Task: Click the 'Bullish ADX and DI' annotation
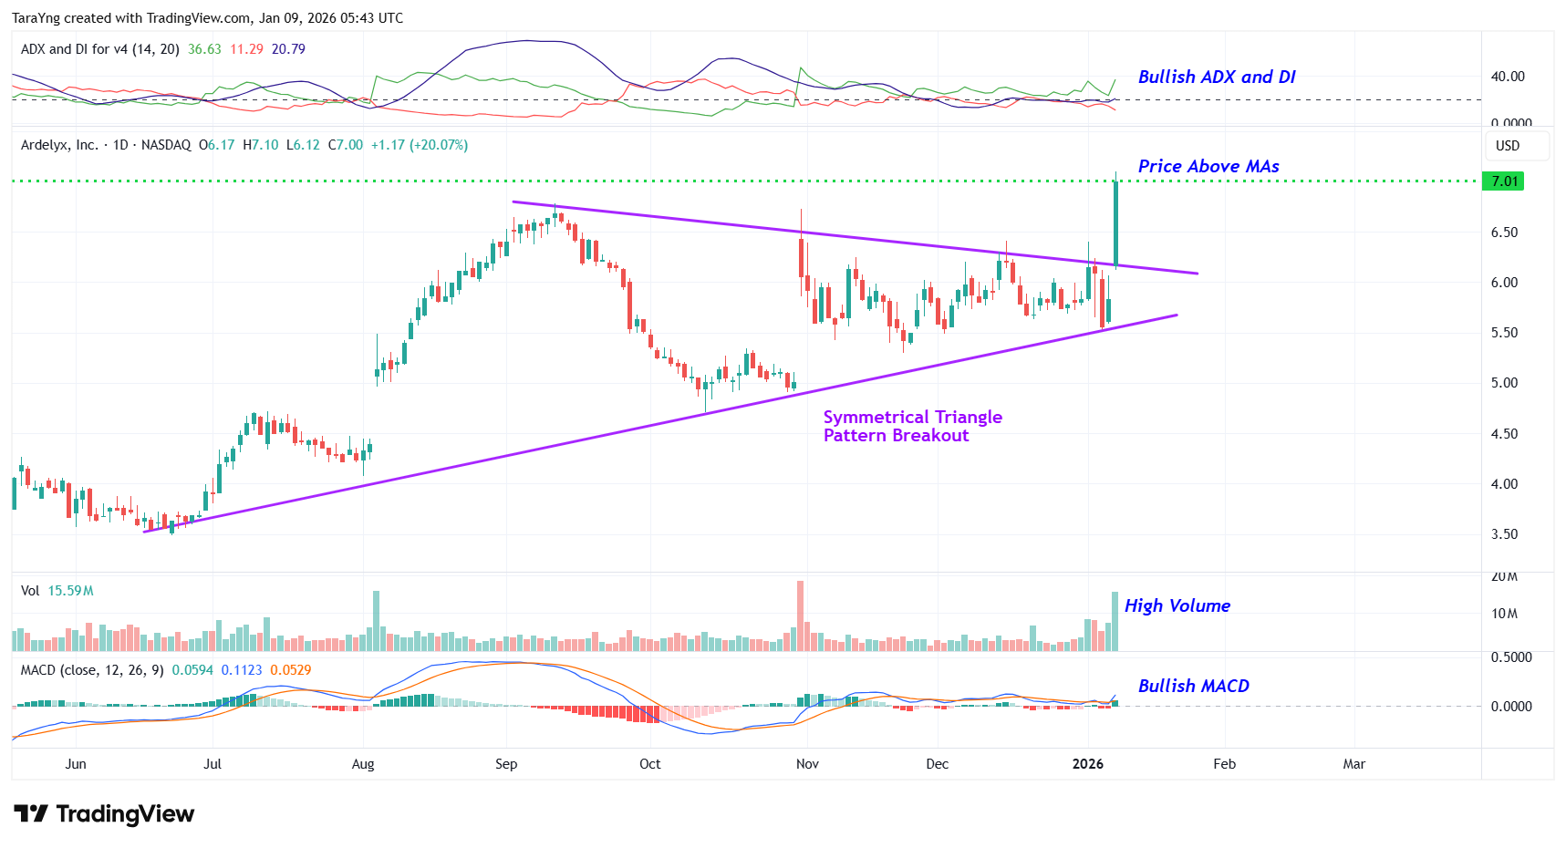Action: (x=1216, y=78)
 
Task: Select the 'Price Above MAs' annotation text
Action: (x=1208, y=167)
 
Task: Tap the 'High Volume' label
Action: (x=1177, y=606)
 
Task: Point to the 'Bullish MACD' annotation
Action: (x=1193, y=687)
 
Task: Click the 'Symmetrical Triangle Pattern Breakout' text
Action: (x=912, y=427)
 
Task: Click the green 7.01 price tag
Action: (x=1504, y=181)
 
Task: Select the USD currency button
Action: (x=1508, y=146)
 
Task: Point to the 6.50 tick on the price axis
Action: (x=1504, y=233)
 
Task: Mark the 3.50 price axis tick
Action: (x=1504, y=534)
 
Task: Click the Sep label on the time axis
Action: (x=506, y=764)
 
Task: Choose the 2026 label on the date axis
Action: (x=1087, y=764)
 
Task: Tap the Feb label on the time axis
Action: (x=1224, y=764)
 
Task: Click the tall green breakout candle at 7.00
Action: (x=1115, y=223)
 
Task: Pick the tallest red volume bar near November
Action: (x=801, y=615)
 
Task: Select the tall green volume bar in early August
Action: (x=376, y=621)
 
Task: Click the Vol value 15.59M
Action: (x=70, y=591)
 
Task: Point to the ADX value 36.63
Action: (x=204, y=49)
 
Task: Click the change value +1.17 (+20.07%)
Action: (x=419, y=145)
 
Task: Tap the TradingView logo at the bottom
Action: (x=104, y=813)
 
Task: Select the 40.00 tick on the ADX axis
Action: (x=1507, y=77)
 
